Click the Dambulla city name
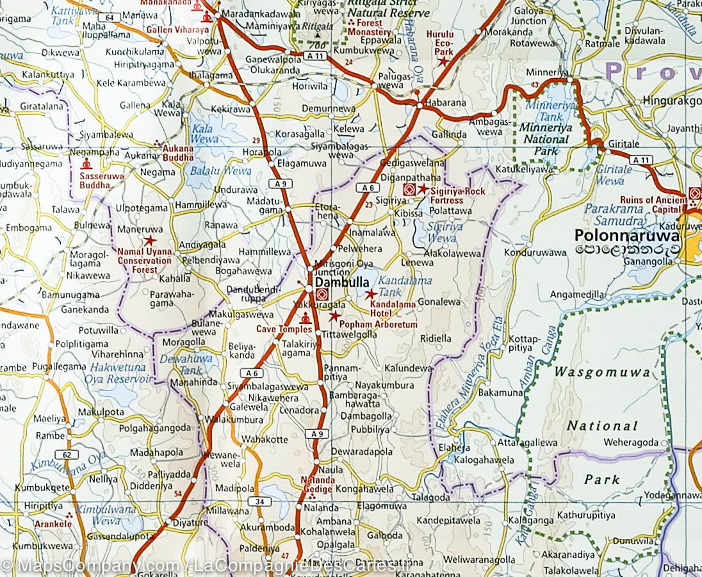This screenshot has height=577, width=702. (x=341, y=282)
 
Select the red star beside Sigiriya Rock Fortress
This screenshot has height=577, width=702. (x=423, y=189)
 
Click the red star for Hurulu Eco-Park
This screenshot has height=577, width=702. (x=442, y=61)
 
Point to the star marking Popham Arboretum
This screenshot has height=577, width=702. (x=334, y=316)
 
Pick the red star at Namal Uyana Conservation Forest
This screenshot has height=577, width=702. (x=150, y=240)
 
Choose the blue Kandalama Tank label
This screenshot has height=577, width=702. (x=405, y=286)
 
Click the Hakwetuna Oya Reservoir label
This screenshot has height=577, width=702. (x=122, y=373)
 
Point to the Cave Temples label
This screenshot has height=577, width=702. (x=284, y=329)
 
